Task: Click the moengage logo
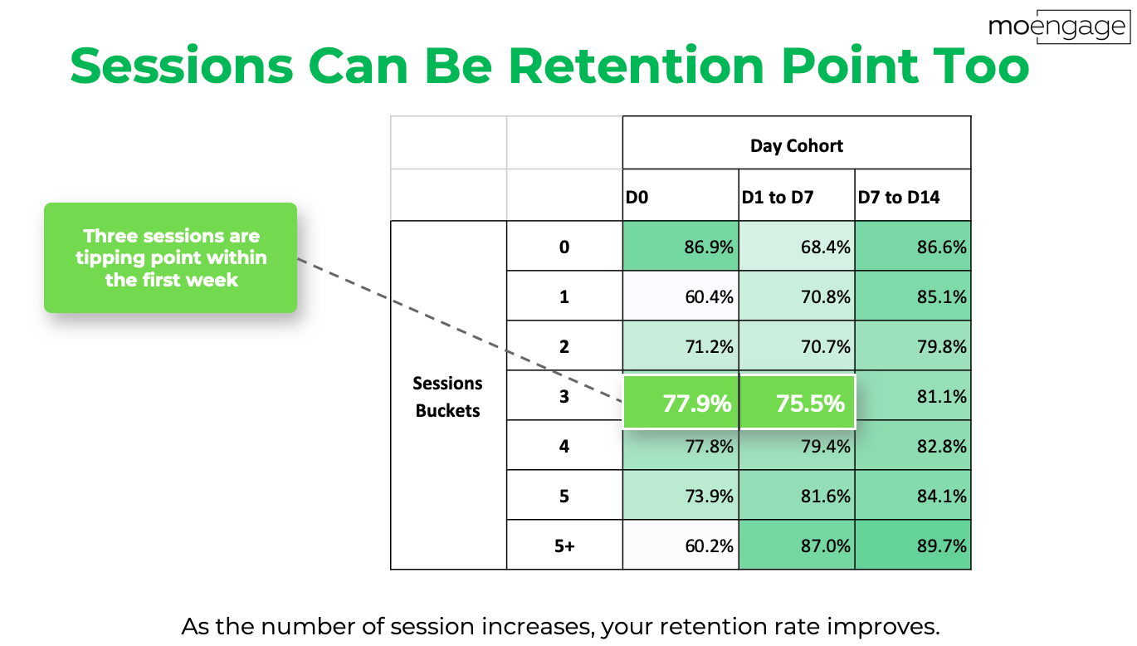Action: coord(1059,27)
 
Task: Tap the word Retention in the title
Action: coord(637,66)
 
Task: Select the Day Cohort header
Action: coord(797,146)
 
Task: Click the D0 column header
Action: coord(637,197)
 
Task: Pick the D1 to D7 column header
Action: coord(778,197)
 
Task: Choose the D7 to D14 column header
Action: coord(899,197)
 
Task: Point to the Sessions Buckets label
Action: coord(447,397)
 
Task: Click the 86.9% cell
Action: coord(681,246)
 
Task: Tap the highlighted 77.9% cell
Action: coord(681,403)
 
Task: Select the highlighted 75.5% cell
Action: coord(798,403)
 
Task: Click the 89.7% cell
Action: coord(913,545)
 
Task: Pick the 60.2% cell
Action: coord(681,545)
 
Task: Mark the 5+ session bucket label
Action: coord(564,546)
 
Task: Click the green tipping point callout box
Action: coord(171,257)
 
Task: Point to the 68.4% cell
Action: coord(797,246)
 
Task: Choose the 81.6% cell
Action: coord(797,495)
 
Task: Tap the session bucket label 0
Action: coord(564,247)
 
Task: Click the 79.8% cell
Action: coord(913,345)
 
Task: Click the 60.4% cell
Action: coord(681,296)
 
